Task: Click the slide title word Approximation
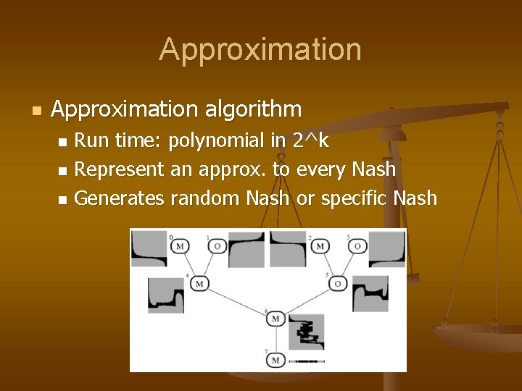pos(260,50)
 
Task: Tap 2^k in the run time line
pos(310,140)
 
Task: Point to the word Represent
pos(120,169)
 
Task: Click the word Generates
pos(120,198)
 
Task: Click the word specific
pos(345,198)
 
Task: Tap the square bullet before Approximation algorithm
pos(36,111)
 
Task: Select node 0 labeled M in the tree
pos(180,247)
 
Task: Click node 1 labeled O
pos(217,247)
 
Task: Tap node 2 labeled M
pos(319,247)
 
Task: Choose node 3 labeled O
pos(357,247)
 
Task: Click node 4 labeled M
pos(199,283)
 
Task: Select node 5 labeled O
pos(338,283)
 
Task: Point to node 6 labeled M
pos(275,320)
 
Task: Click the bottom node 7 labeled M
pos(275,359)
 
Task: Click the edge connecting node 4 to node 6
pos(236,301)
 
